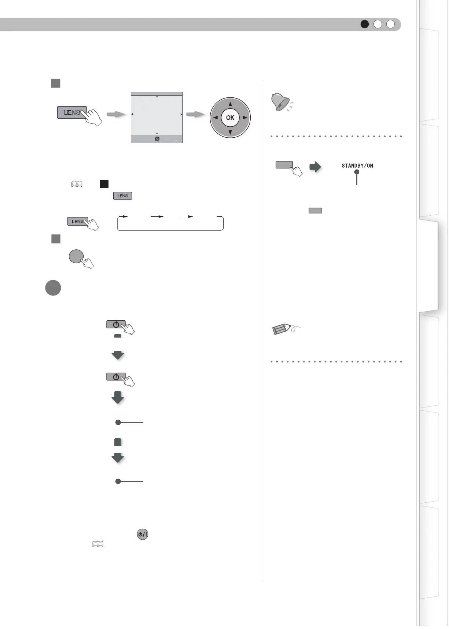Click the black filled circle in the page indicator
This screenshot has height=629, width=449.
coord(364,24)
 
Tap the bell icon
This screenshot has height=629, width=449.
coord(280,102)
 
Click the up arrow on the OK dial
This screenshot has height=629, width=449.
coord(230,104)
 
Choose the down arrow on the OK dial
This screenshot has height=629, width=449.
coord(230,132)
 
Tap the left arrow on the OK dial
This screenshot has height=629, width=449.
coord(216,118)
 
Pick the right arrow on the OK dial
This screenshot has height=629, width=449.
coord(245,118)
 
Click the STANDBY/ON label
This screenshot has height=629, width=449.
coord(357,166)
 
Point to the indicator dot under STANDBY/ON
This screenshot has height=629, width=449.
coord(357,172)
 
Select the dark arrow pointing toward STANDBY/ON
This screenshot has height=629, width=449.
coord(315,167)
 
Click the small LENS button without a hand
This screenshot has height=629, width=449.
coord(122,196)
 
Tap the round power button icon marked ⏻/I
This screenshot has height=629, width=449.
coord(143,534)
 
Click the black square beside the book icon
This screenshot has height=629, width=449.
coord(104,184)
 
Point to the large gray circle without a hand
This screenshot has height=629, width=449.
coord(53,288)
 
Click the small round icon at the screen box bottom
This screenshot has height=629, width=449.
coord(157,139)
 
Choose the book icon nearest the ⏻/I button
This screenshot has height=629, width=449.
coord(98,544)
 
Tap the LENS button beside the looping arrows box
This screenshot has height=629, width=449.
coord(77,221)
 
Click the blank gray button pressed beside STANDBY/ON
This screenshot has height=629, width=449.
coord(284,165)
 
